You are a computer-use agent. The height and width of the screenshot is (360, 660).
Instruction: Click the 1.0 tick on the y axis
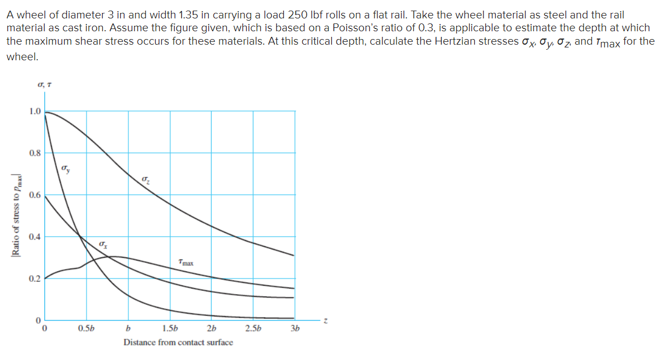tap(35, 111)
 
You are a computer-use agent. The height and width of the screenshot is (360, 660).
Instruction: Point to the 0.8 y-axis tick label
tap(35, 153)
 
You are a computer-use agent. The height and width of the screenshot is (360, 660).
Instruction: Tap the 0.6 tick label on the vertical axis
tap(35, 195)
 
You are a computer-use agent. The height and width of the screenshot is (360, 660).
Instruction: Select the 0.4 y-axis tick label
tap(35, 237)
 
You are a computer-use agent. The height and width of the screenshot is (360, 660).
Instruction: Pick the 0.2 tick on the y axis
tap(35, 279)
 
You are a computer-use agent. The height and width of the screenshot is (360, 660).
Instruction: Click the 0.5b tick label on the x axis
tap(86, 328)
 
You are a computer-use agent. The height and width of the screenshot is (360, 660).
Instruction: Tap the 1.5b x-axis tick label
tap(170, 328)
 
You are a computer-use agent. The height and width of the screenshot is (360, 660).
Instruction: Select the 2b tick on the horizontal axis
tap(211, 328)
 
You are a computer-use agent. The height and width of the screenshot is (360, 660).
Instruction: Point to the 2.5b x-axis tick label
tap(253, 328)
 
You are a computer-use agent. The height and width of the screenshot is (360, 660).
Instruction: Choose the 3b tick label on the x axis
tap(295, 328)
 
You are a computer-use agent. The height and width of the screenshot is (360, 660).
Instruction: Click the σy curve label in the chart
tap(66, 169)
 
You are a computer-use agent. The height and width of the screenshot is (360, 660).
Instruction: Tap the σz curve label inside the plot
tap(146, 179)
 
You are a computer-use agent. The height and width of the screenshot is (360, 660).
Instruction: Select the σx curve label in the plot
tap(103, 244)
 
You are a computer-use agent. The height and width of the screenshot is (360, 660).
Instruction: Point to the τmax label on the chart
tap(186, 261)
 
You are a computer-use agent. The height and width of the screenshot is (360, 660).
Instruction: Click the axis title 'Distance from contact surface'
tap(178, 342)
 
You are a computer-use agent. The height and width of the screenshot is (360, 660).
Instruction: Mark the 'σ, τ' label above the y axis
tap(45, 85)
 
